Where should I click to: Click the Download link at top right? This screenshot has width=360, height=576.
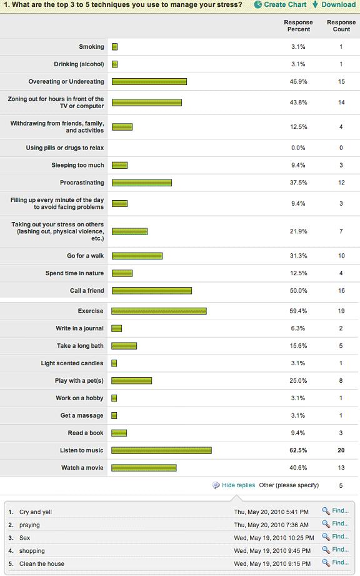[x=337, y=4]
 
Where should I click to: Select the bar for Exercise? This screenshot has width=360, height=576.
[x=159, y=311]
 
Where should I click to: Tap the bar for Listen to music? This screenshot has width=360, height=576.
[x=161, y=450]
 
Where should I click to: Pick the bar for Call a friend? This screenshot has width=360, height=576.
[x=151, y=291]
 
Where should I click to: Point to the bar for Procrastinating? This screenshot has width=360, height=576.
[x=141, y=183]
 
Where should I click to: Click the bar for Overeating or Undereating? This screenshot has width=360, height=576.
[x=149, y=82]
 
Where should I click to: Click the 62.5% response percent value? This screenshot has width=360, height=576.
[x=298, y=450]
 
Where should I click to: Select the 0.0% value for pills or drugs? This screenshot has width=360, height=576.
[x=298, y=148]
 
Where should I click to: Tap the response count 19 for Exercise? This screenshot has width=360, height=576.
[x=341, y=311]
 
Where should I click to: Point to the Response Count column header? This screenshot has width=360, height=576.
[x=341, y=26]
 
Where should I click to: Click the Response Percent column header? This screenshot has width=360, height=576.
[x=298, y=26]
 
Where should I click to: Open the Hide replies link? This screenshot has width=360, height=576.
[x=238, y=485]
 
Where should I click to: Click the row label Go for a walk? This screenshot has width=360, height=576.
[x=86, y=256]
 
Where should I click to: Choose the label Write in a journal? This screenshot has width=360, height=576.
[x=80, y=328]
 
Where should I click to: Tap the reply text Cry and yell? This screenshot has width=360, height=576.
[x=36, y=512]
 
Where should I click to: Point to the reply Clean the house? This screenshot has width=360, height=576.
[x=42, y=564]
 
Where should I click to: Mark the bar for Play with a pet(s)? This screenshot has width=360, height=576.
[x=131, y=381]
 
